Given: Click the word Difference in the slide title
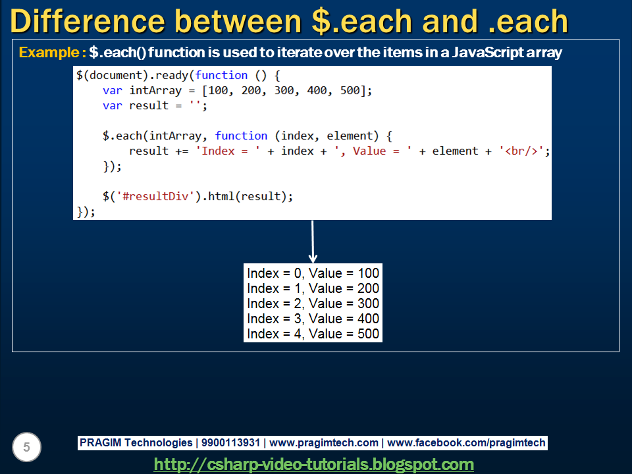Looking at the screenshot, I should (88, 21).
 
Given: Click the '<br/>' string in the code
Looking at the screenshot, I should (523, 151).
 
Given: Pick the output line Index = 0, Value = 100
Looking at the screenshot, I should (313, 273).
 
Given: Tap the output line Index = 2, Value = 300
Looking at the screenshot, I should (313, 303).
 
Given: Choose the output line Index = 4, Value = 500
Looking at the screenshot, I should (313, 334).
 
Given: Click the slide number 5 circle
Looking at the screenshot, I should (26, 448).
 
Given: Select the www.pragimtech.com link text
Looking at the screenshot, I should (324, 443).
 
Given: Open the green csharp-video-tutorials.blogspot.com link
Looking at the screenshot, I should (314, 464).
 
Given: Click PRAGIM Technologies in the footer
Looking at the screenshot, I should (136, 443).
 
